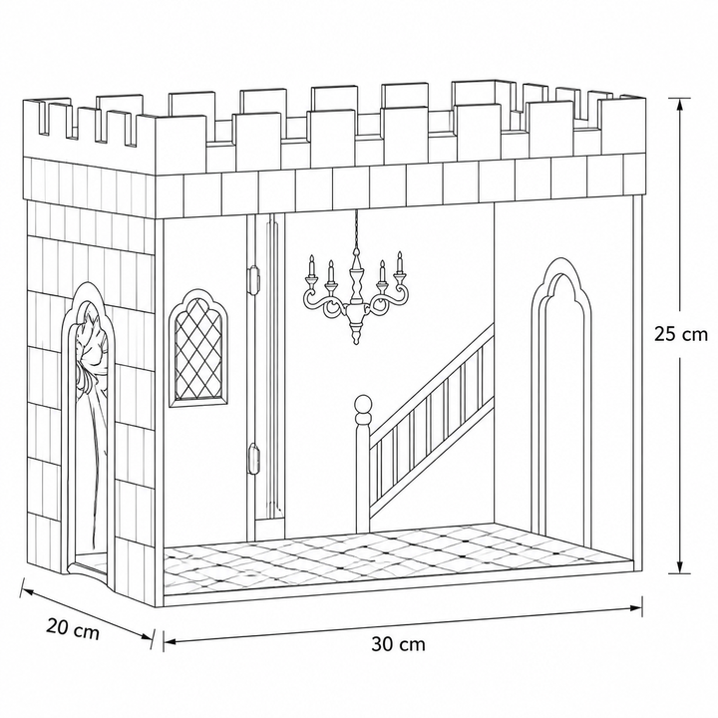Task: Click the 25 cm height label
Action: [680, 334]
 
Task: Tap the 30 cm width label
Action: [398, 644]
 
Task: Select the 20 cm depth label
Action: [73, 628]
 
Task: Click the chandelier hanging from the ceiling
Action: [355, 293]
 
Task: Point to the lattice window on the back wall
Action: [197, 349]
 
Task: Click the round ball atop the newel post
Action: [363, 404]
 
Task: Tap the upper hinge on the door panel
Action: [253, 279]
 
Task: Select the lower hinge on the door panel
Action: [253, 458]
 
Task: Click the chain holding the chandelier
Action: [356, 230]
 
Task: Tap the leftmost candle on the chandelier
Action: [311, 264]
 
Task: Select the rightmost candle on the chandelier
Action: [399, 262]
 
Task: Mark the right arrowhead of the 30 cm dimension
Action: [635, 608]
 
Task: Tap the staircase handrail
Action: [432, 372]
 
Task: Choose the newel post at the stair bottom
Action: [363, 464]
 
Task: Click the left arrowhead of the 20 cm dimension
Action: [28, 593]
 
